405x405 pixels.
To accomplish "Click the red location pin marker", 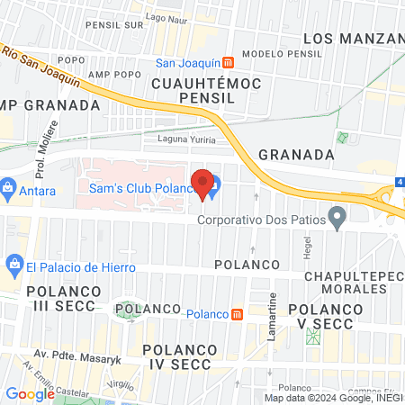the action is coord(203,183).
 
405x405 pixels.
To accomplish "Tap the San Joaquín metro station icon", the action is coord(229,63).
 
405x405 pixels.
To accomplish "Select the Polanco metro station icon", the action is coord(237,314).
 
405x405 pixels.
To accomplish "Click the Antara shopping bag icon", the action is coord(8,190).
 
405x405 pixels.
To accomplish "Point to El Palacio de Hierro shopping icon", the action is coord(13,265).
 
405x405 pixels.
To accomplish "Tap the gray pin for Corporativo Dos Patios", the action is coord(337,217).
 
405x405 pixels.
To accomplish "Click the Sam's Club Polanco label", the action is coord(142,188).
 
